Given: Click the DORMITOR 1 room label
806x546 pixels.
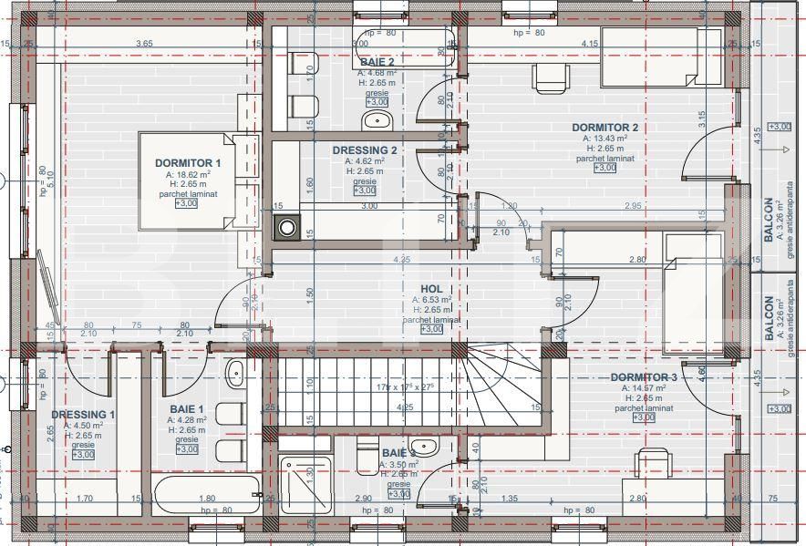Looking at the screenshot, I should coord(193,163).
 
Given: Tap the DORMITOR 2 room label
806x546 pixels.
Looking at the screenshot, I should coord(604,128).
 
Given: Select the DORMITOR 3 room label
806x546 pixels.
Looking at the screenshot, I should coord(643,376).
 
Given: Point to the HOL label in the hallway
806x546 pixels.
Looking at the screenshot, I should coord(431,288).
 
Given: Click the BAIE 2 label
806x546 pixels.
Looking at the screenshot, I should coord(377,62).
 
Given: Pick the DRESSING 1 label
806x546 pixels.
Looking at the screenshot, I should coord(83,415).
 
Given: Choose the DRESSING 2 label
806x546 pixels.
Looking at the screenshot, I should coord(364,150).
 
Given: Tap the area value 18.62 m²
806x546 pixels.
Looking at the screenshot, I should coord(193,174).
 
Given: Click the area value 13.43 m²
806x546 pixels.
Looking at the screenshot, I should coord(604,139).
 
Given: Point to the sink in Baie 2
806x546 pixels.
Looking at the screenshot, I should coord(376,119).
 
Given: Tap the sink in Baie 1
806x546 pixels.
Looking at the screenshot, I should coord(234,372).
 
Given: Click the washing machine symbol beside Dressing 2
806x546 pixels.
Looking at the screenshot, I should coord(287,227).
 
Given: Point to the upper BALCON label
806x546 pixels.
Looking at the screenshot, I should coord(768,219).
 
